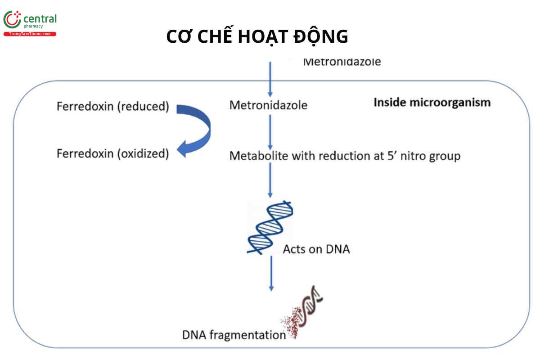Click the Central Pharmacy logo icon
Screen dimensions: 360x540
click(12, 19)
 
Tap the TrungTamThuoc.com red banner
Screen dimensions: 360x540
click(30, 34)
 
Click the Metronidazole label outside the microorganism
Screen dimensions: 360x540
click(342, 62)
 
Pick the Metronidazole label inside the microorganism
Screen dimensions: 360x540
click(268, 105)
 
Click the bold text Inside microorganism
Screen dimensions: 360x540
click(432, 103)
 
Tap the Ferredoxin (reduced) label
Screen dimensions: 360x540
click(112, 107)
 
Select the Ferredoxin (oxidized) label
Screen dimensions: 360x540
click(112, 154)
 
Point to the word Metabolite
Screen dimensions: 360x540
click(257, 156)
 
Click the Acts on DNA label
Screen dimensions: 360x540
click(316, 249)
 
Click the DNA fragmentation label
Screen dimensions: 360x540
click(234, 335)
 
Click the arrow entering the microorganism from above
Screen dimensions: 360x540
click(270, 79)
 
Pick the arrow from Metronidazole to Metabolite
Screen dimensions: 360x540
click(270, 132)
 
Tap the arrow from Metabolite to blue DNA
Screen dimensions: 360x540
click(270, 180)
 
